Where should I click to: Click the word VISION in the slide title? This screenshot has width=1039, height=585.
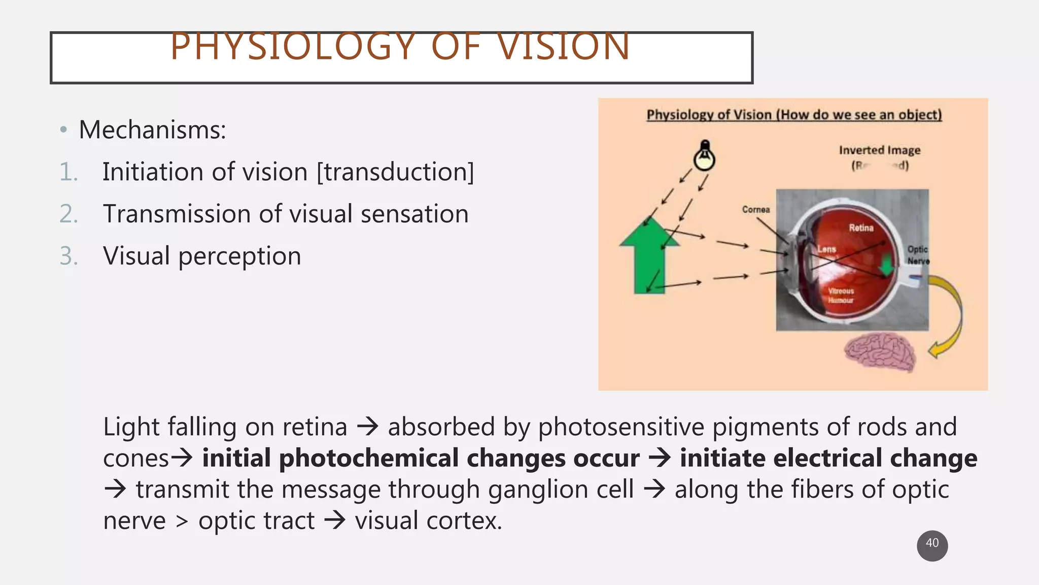pyautogui.click(x=563, y=47)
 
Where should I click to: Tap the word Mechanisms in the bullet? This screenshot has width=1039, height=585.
pyautogui.click(x=152, y=130)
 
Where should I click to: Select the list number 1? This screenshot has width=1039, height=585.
pyautogui.click(x=68, y=172)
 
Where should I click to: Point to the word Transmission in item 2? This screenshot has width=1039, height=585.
pyautogui.click(x=177, y=214)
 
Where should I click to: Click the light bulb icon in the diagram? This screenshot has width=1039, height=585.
pyautogui.click(x=704, y=156)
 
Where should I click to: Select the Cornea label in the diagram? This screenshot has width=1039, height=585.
pyautogui.click(x=755, y=209)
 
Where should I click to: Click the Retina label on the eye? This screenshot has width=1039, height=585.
pyautogui.click(x=861, y=228)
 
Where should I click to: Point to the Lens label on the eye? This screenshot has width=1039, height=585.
pyautogui.click(x=826, y=249)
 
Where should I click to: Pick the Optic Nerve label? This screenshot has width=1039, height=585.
pyautogui.click(x=918, y=255)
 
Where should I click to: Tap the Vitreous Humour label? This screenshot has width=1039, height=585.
pyautogui.click(x=841, y=296)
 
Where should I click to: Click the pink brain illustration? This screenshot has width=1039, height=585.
pyautogui.click(x=880, y=352)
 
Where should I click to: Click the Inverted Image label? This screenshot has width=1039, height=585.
pyautogui.click(x=879, y=150)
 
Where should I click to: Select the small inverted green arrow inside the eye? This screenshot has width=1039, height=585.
pyautogui.click(x=887, y=265)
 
